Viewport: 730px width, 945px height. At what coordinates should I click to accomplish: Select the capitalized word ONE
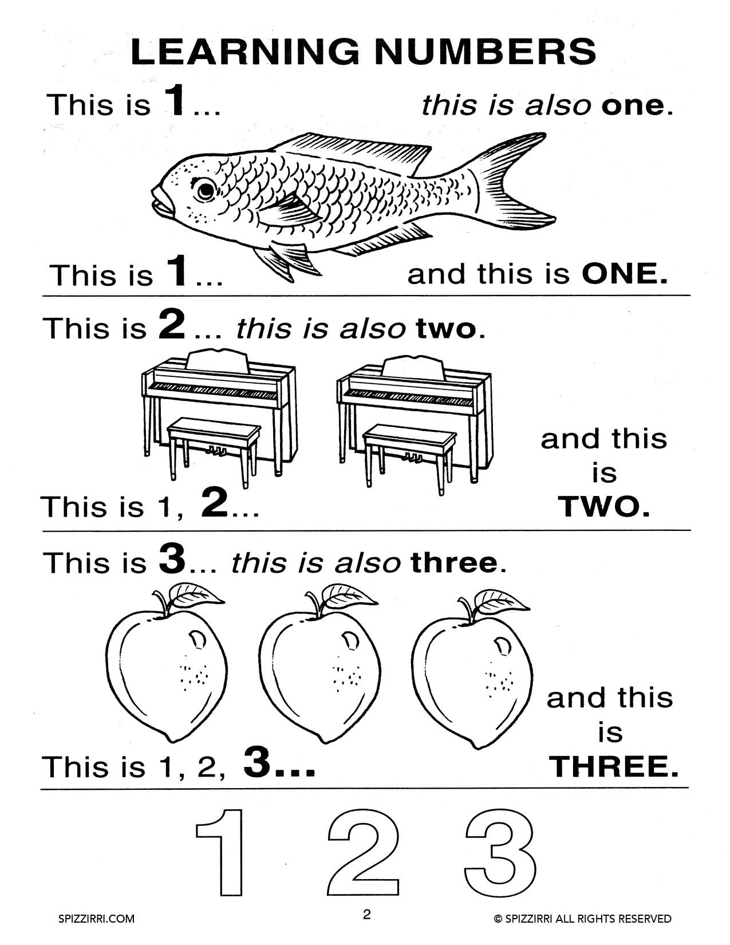point(625,274)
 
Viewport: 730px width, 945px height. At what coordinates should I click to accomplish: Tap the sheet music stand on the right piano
point(413,368)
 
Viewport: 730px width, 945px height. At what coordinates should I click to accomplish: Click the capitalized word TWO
point(604,507)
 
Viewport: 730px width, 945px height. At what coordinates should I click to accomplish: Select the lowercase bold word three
point(454,563)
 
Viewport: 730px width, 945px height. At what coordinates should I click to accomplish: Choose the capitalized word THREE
point(613,766)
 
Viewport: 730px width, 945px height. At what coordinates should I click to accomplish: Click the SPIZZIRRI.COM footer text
point(97,919)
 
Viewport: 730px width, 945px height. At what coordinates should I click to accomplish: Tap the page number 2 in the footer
point(366,914)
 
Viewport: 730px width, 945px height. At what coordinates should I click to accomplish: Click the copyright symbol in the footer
point(498,919)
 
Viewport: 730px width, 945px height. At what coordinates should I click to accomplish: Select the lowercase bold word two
point(446,329)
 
